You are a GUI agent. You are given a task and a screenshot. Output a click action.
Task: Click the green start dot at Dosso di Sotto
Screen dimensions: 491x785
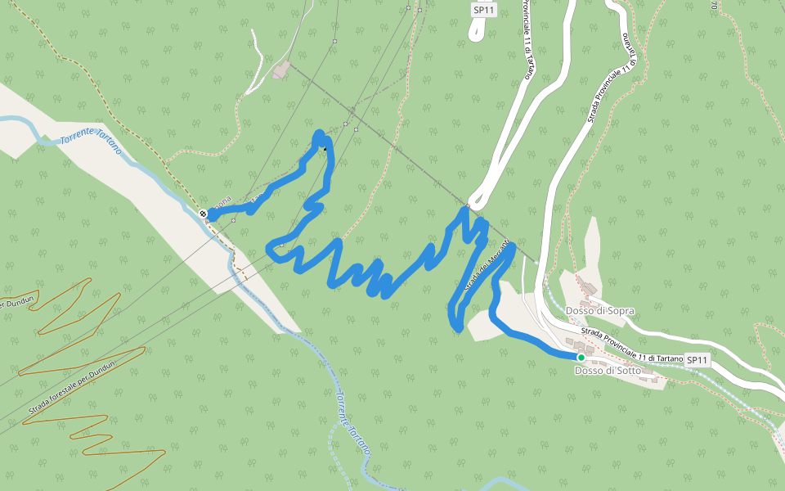[x=581, y=358]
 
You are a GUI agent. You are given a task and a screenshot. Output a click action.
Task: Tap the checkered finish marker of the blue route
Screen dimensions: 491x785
[x=203, y=214]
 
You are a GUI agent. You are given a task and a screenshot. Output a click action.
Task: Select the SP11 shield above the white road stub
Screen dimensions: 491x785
[x=484, y=10]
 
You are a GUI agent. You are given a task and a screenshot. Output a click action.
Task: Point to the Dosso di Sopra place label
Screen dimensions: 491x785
[x=599, y=311]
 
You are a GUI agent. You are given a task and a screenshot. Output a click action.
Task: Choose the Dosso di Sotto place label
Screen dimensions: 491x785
[x=608, y=371]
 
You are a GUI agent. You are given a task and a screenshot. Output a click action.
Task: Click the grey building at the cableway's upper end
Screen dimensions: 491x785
[x=281, y=70]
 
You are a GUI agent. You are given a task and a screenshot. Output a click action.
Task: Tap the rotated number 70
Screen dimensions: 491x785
[x=714, y=7]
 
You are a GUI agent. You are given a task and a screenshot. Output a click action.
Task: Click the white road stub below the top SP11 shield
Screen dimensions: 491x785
[x=476, y=29]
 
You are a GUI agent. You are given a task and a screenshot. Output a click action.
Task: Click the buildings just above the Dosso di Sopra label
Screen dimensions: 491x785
[x=587, y=286]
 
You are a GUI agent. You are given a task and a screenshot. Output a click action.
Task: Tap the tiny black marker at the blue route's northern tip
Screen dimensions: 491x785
[x=325, y=148]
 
